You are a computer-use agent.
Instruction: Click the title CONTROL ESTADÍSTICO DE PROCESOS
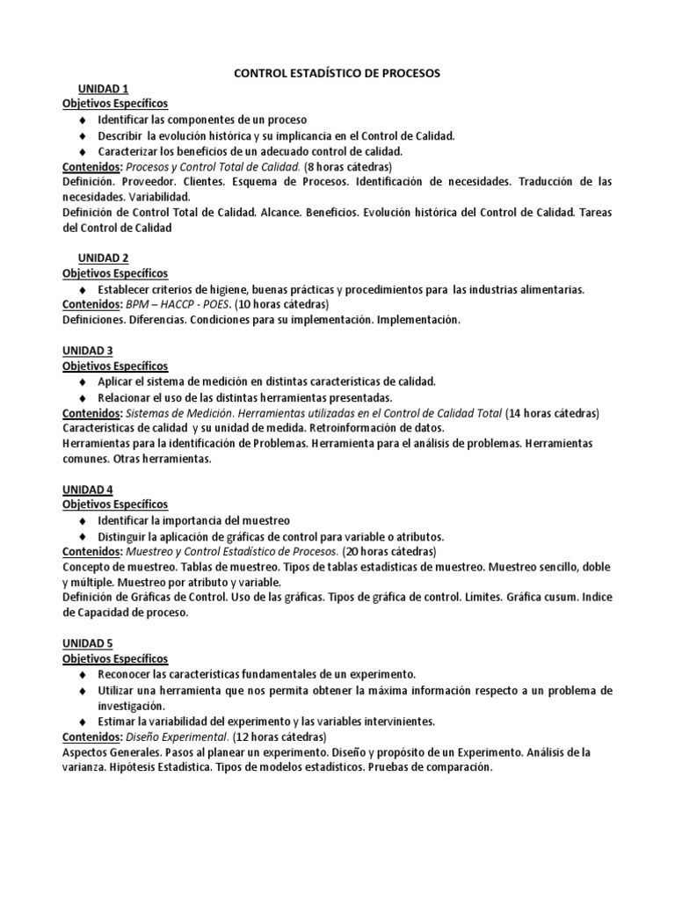tap(337, 74)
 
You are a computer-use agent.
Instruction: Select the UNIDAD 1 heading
tap(103, 89)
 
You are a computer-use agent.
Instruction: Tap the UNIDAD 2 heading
tap(103, 258)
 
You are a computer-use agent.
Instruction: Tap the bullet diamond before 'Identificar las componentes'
tap(83, 120)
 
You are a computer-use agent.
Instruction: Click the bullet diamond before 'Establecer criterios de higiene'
tap(83, 289)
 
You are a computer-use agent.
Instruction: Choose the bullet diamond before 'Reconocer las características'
tap(83, 674)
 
